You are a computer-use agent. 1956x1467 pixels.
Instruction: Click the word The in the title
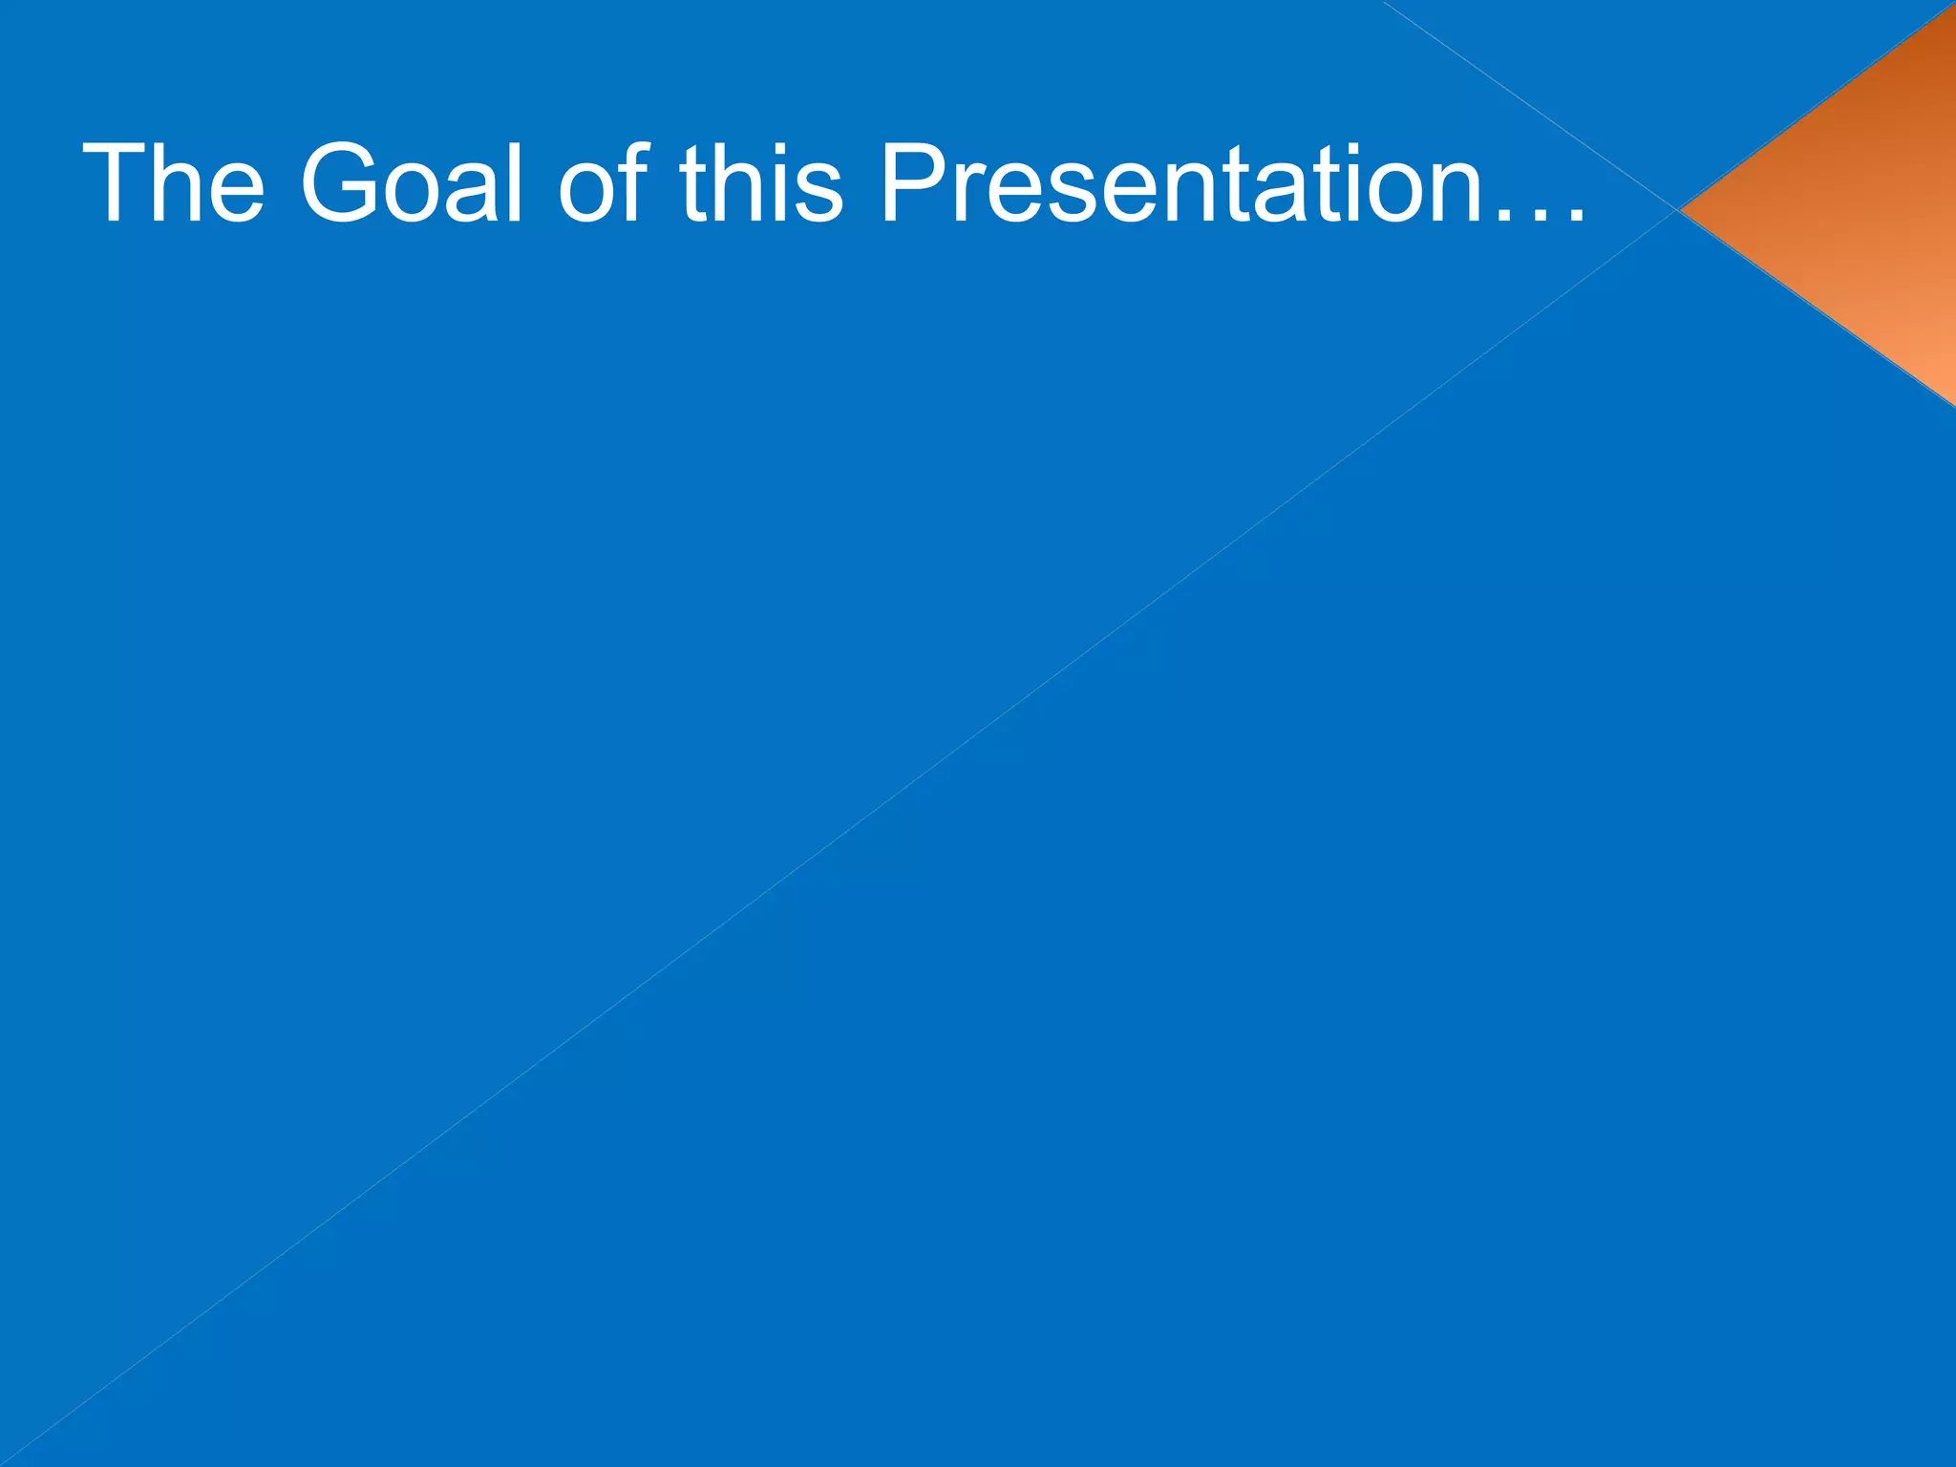click(173, 183)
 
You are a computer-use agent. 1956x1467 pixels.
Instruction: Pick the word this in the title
click(761, 183)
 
